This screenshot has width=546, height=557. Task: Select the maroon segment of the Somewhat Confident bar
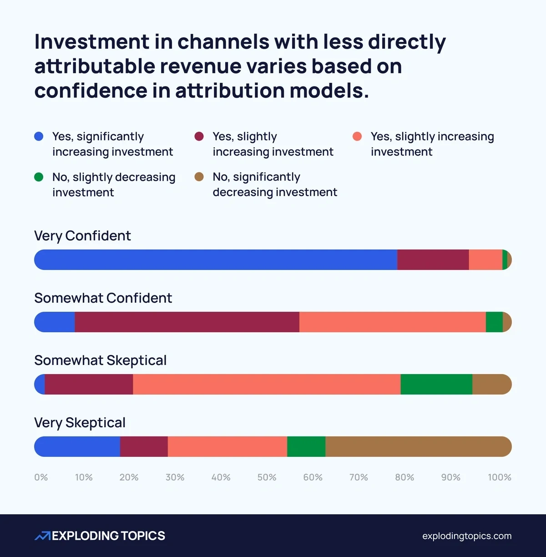(x=187, y=322)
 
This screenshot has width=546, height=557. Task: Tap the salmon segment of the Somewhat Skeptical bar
(x=267, y=385)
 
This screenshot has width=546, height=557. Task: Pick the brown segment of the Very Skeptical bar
(x=418, y=447)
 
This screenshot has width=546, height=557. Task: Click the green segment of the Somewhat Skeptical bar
(x=436, y=385)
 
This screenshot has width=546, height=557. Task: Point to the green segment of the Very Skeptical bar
(x=306, y=447)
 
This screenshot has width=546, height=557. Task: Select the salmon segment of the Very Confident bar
(x=485, y=260)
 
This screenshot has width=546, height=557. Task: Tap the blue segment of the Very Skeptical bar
(x=77, y=447)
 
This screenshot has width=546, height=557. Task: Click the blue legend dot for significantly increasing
(x=39, y=137)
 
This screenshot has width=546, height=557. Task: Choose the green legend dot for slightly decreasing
(x=39, y=177)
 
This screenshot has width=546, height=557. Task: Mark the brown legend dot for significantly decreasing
(x=199, y=177)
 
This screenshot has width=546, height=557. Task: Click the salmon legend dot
(x=357, y=137)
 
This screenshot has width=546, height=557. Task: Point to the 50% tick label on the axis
(x=267, y=477)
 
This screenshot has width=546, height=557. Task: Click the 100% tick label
(x=499, y=477)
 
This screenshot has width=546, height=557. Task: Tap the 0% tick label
(x=41, y=477)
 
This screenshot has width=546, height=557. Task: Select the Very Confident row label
(x=82, y=236)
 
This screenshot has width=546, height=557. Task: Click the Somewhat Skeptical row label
(x=100, y=360)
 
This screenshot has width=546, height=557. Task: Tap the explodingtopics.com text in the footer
(x=466, y=536)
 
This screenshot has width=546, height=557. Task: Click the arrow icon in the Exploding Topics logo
(x=43, y=536)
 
